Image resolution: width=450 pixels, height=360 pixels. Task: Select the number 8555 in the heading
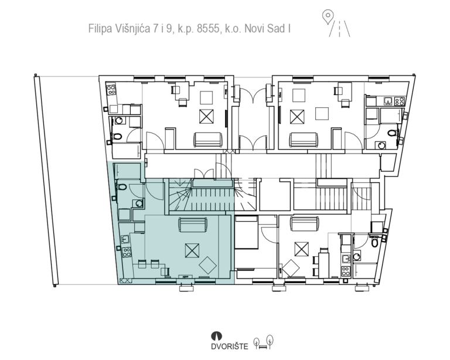click(207, 29)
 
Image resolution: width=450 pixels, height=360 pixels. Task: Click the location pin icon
click(328, 17)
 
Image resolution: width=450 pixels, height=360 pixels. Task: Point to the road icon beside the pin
click(339, 29)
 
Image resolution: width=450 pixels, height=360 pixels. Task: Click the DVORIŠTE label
click(230, 347)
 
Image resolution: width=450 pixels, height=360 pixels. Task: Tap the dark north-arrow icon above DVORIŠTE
click(217, 336)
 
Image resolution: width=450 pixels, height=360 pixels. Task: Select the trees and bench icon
click(263, 342)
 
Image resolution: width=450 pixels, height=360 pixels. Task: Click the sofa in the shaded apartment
click(193, 225)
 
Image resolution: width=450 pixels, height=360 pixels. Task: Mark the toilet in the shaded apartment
click(122, 187)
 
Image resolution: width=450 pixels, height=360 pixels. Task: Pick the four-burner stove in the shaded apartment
click(127, 252)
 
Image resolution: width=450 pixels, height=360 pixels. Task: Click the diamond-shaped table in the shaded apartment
click(207, 265)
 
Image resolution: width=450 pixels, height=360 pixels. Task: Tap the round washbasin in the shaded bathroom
click(139, 204)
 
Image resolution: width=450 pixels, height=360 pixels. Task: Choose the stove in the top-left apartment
click(111, 90)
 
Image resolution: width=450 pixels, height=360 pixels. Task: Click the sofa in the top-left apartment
click(209, 140)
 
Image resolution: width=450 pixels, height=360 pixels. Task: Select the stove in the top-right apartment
click(400, 101)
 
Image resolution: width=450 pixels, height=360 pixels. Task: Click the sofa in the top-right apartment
click(304, 140)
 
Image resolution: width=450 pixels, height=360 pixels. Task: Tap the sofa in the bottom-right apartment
click(305, 224)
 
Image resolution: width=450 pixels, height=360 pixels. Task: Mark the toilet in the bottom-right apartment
click(374, 242)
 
